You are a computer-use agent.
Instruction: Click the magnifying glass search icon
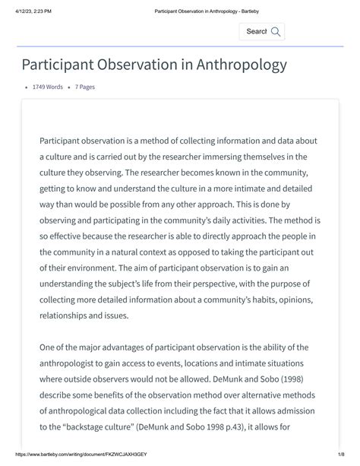click(276, 31)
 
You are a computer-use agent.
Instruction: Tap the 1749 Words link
click(48, 87)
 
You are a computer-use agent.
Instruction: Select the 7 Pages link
click(85, 87)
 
